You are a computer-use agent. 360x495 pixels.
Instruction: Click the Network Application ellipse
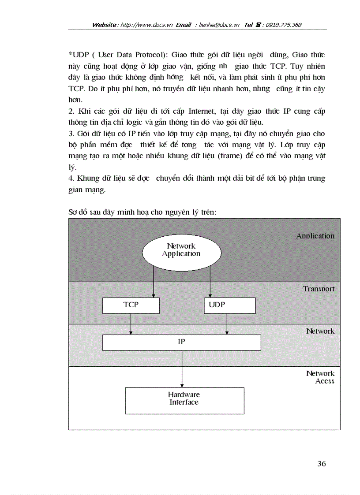181,254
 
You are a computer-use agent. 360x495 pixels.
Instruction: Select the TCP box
131,305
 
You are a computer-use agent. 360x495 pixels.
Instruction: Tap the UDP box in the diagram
229,305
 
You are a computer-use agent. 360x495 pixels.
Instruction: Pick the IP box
181,342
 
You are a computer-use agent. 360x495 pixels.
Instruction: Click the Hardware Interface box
184,400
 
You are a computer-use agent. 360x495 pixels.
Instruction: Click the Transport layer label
319,289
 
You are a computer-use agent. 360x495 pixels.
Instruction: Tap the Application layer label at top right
315,236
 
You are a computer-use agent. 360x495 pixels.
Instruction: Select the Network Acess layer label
320,377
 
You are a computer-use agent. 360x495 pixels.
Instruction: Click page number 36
321,464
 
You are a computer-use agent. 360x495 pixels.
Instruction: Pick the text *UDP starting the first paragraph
78,55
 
